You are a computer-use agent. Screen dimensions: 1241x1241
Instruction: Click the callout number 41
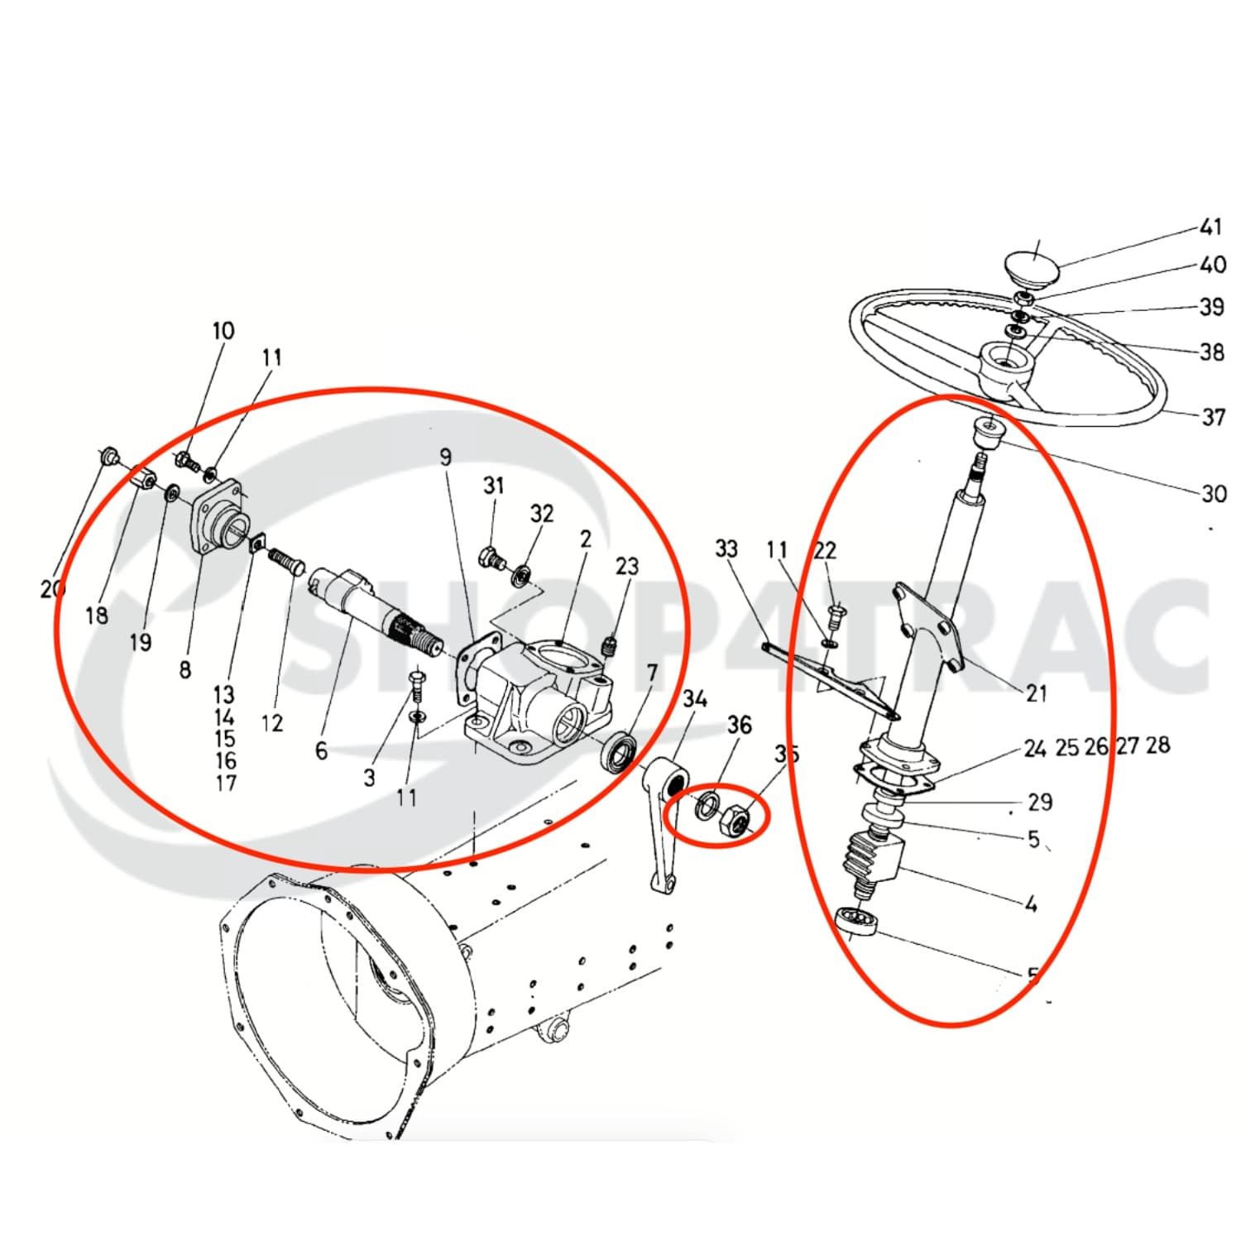click(x=1210, y=227)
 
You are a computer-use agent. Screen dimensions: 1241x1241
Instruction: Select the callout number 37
click(x=1213, y=417)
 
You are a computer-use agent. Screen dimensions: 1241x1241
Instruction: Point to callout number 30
click(x=1213, y=494)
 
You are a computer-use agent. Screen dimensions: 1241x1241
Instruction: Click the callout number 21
click(x=1036, y=693)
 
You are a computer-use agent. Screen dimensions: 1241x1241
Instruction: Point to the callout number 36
click(x=739, y=726)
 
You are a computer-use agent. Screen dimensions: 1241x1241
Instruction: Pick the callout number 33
click(x=726, y=549)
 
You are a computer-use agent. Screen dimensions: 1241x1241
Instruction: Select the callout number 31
click(x=493, y=486)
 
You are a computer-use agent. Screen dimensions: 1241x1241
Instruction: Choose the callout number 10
click(x=223, y=331)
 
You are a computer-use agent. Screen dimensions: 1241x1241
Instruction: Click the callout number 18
click(x=97, y=615)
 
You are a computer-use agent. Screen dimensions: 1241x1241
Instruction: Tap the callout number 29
click(x=1039, y=802)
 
